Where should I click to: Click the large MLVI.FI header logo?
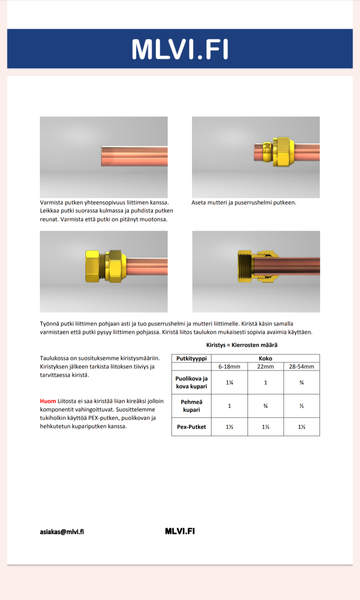pos(179,49)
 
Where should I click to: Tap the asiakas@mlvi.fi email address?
pos(62,531)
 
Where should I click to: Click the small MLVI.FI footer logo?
pos(179,531)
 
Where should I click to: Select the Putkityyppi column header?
pos(191,358)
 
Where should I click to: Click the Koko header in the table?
pos(265,358)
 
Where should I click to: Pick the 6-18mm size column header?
pos(229,366)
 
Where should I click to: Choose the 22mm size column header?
pos(265,366)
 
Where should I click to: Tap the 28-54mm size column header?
pos(301,366)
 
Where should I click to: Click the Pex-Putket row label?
pos(191,426)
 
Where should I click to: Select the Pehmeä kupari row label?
pos(191,405)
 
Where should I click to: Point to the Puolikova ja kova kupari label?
pos(191,382)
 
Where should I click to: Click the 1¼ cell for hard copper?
pos(229,382)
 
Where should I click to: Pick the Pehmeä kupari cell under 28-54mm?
pos(301,405)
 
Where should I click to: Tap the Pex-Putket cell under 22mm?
pos(265,426)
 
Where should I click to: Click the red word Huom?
pos(48,401)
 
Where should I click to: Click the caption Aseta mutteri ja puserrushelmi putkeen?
pos(244,202)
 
